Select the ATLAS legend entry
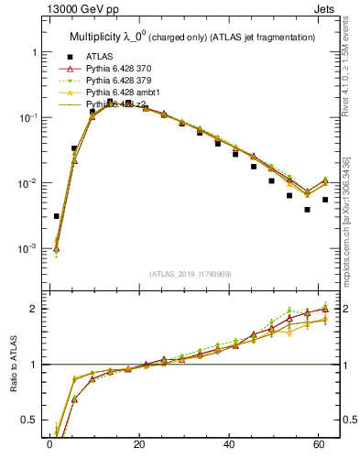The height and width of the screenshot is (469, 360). coord(100,56)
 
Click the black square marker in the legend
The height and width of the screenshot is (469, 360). coord(65,56)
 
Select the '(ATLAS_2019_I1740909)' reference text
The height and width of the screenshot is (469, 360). coord(191,274)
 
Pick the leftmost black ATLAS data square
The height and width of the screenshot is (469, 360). coord(57,216)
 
